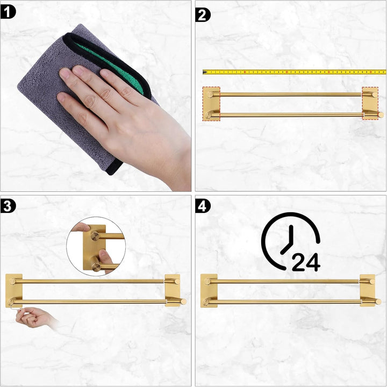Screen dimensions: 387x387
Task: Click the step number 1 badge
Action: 8,12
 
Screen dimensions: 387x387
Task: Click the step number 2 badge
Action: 203,15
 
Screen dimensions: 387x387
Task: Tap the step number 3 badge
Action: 8,206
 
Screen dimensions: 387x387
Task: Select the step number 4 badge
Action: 203,206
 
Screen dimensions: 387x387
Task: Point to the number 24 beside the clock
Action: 306,262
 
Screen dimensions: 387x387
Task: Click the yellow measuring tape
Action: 295,72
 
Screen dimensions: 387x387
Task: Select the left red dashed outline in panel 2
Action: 211,104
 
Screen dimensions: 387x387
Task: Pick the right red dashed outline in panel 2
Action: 370,103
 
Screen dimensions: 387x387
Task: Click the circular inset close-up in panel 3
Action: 96,246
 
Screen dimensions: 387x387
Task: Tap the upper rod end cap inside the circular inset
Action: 95,236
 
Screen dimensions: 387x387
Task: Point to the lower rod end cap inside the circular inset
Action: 96,267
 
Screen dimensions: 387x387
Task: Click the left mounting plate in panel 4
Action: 209,290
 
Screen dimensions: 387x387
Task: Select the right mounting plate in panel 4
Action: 368,290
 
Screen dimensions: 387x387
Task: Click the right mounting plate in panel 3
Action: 173,290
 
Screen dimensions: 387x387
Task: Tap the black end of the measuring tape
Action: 204,72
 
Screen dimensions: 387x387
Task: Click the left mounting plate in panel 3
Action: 14,290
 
